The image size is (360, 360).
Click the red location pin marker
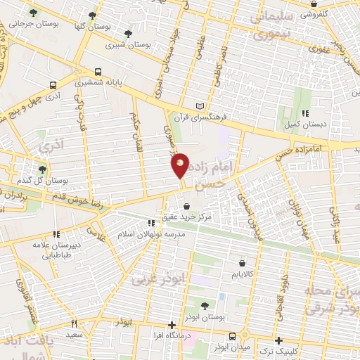pyautogui.click(x=181, y=165)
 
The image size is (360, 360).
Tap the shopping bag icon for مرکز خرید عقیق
pyautogui.click(x=186, y=206)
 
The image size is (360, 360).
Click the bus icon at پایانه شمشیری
pyautogui.click(x=98, y=71)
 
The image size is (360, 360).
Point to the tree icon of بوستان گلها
pyautogui.click(x=92, y=14)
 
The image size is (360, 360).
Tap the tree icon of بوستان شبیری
pyautogui.click(x=127, y=33)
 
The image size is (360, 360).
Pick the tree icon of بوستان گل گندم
pyautogui.click(x=43, y=169)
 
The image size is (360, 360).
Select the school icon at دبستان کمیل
pyautogui.click(x=304, y=112)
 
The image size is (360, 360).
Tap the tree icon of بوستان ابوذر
pyautogui.click(x=204, y=304)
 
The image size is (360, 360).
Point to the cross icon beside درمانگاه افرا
pyautogui.click(x=172, y=325)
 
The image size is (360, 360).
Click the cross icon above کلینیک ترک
pyautogui.click(x=279, y=340)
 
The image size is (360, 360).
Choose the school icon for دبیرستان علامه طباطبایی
pyautogui.click(x=54, y=234)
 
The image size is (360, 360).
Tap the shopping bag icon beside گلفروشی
pyautogui.click(x=313, y=13)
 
